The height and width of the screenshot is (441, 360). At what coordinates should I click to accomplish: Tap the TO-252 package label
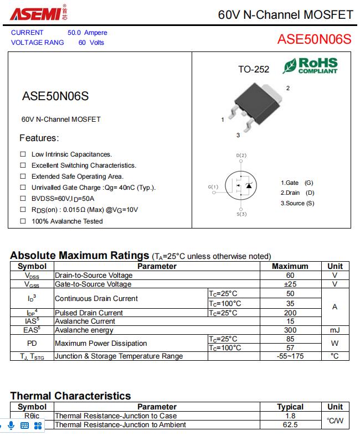click(x=254, y=69)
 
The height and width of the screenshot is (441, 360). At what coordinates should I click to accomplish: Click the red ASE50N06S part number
click(x=314, y=39)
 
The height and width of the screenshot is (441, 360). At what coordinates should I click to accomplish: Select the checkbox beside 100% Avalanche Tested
click(x=23, y=221)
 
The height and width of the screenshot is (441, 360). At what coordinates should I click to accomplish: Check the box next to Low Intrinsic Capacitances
click(x=23, y=154)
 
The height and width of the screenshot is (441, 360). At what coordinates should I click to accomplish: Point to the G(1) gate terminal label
click(x=213, y=187)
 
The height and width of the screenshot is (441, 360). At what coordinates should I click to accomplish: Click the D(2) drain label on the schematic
click(x=241, y=155)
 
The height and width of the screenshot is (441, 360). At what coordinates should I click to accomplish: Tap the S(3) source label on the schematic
click(x=241, y=214)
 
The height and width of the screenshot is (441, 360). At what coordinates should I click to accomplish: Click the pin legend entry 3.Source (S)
click(x=297, y=203)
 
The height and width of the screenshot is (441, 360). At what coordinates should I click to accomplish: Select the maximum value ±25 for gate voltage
click(x=290, y=284)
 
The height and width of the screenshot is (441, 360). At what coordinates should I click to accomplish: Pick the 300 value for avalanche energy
click(x=290, y=330)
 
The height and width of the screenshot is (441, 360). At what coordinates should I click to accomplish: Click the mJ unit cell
click(x=335, y=330)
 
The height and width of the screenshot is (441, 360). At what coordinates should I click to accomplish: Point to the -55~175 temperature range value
click(x=290, y=356)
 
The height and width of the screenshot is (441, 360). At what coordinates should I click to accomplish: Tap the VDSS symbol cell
click(x=32, y=276)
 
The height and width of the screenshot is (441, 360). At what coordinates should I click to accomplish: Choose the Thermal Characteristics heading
click(x=70, y=396)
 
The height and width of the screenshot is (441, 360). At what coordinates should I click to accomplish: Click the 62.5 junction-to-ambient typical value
click(x=290, y=424)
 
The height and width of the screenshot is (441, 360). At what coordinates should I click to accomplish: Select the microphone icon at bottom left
click(x=12, y=425)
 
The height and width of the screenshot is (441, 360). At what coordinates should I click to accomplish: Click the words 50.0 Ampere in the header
click(x=88, y=33)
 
